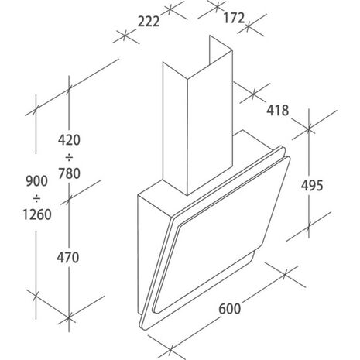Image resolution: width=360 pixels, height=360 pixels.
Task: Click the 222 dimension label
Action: click(149, 22)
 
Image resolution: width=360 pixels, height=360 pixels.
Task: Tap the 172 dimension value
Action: click(234, 18)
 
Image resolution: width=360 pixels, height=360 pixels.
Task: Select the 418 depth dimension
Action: click(278, 111)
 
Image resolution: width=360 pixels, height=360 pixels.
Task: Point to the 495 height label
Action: click(312, 185)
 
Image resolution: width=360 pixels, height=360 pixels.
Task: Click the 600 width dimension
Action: click(230, 309)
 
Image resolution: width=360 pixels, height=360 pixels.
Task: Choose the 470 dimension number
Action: click(68, 258)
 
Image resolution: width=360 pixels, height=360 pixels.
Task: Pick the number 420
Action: click(69, 140)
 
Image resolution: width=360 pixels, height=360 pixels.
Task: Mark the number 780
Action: click(69, 173)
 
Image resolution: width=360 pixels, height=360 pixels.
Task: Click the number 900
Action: click(37, 181)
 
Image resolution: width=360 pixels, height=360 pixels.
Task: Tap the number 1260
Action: click(37, 214)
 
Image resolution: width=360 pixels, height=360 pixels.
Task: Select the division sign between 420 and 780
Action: click(69, 157)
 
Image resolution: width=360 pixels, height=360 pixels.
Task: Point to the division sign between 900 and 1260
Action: click(36, 198)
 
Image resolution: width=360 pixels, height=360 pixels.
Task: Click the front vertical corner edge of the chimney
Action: click(187, 137)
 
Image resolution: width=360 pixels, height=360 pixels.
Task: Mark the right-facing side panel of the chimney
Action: click(210, 122)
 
